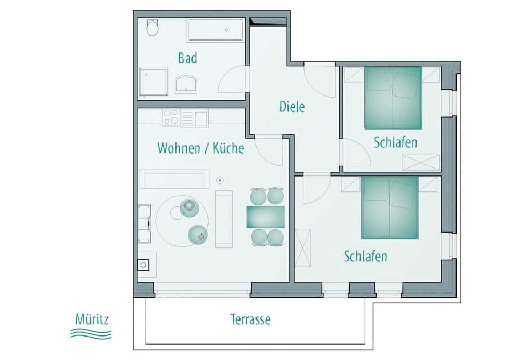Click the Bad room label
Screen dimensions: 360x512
click(187, 58)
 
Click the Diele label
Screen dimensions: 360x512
click(292, 107)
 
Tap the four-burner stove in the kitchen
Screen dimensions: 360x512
click(171, 117)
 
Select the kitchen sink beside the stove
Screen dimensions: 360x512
click(201, 118)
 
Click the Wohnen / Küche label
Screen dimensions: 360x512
click(201, 148)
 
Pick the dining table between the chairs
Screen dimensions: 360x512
click(266, 217)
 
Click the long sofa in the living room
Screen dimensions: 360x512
click(174, 179)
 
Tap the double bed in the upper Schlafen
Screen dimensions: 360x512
click(393, 98)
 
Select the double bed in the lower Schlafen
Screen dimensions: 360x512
click(390, 208)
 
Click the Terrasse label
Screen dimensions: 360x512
click(250, 319)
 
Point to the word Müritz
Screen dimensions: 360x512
click(92, 321)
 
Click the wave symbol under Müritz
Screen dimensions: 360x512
click(91, 334)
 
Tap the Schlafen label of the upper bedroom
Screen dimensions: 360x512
click(395, 143)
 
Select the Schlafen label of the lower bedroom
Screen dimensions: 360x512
click(365, 257)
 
